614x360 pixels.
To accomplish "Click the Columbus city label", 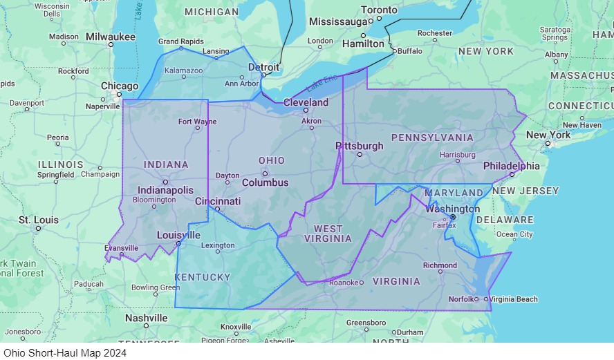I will point(266,183).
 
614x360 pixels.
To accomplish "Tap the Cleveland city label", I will point(306,102).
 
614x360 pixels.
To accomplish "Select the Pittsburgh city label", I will point(359,146).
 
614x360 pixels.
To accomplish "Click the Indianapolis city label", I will point(165,189).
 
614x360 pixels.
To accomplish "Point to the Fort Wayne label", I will point(197,122).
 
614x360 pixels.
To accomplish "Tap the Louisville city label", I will point(178,235).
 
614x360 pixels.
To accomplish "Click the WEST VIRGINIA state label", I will point(328,234).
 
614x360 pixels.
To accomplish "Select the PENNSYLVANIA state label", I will point(432,138).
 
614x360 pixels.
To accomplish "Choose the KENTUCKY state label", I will point(202,277).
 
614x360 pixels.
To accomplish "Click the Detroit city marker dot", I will point(263,75).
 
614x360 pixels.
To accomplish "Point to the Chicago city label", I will point(120,86).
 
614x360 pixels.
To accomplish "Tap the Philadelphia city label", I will point(512,166).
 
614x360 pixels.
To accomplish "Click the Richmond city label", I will point(440,265).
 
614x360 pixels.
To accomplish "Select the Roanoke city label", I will point(344,282).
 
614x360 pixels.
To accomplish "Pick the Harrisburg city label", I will point(457,155).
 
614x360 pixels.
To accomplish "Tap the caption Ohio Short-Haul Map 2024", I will point(65,352).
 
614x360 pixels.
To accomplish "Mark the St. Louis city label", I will point(39,220).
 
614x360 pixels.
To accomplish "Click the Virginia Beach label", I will point(514,299).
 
